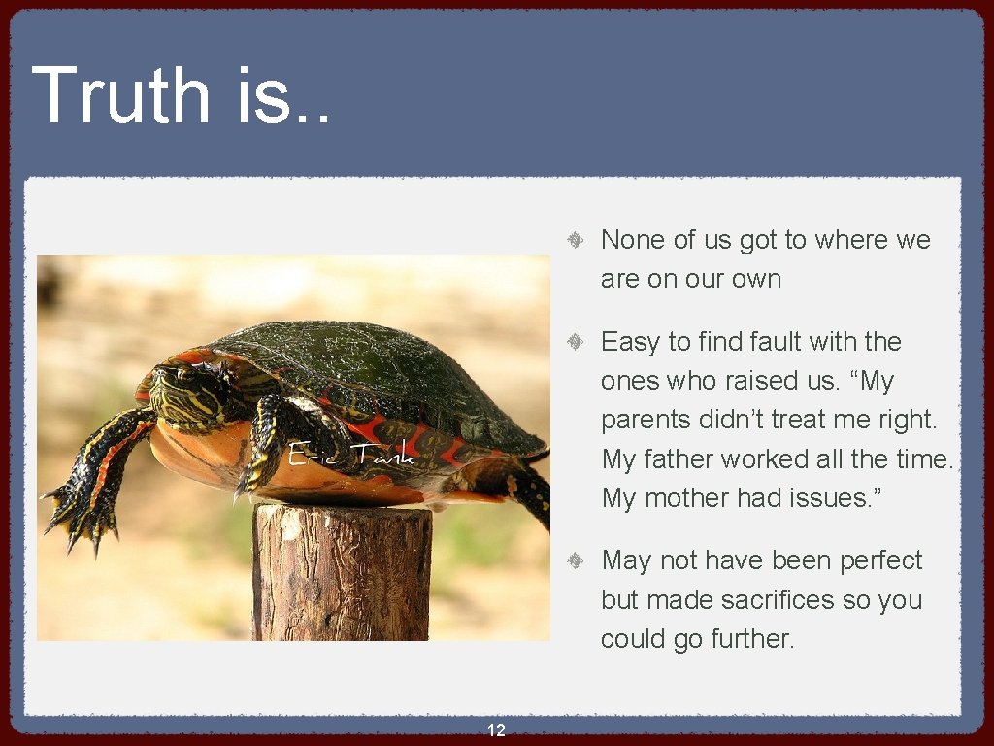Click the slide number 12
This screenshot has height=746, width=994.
click(x=496, y=730)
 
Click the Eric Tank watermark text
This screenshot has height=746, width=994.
click(x=351, y=454)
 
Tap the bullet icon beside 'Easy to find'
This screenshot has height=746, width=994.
click(x=575, y=342)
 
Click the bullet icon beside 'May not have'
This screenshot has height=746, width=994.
click(x=575, y=560)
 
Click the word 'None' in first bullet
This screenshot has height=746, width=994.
click(x=633, y=240)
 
